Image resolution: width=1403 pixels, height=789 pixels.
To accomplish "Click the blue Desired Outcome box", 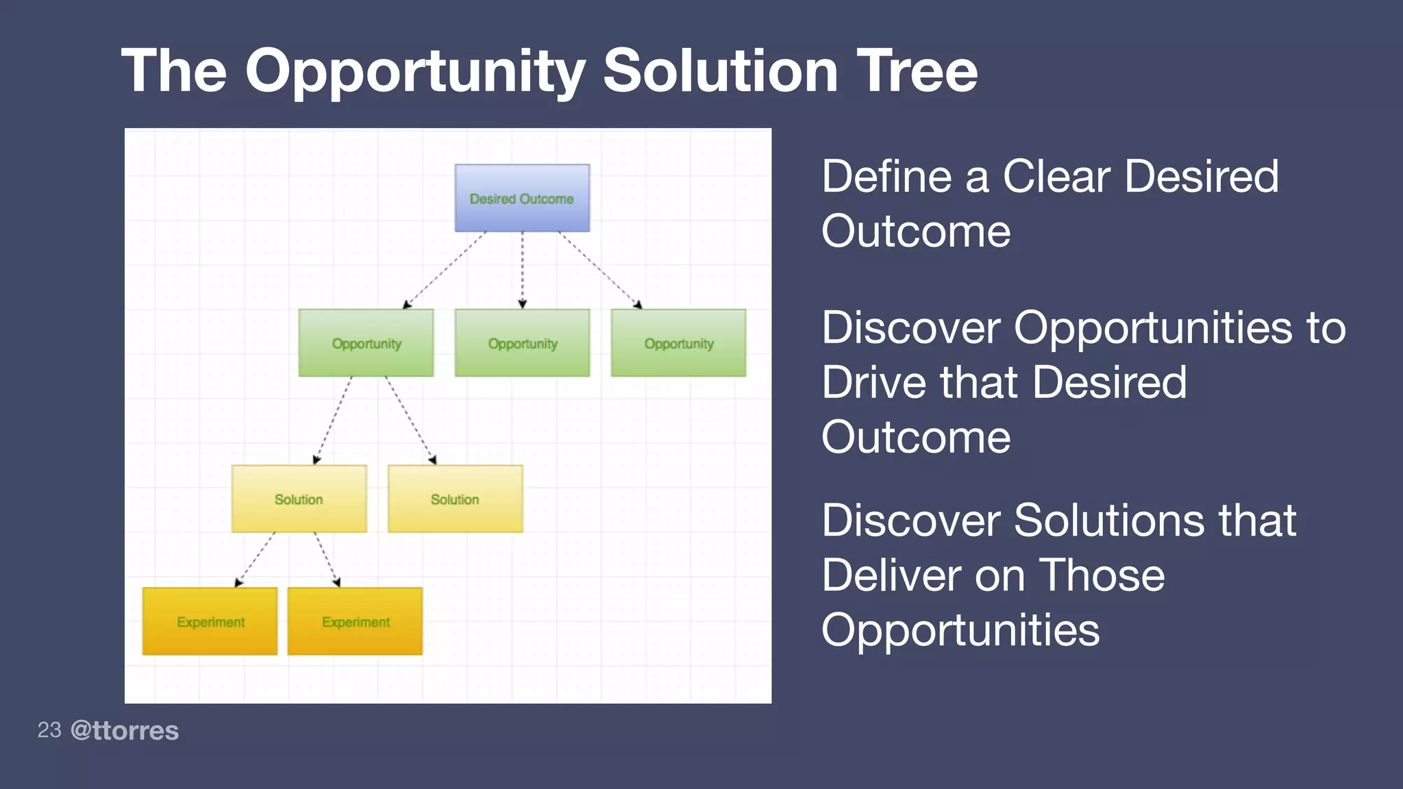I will pos(522,198).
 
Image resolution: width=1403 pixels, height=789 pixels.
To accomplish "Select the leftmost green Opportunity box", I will pos(366,342).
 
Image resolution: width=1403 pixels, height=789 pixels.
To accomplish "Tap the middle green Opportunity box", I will pos(522,342).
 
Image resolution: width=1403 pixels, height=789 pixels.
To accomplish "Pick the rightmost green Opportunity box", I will pos(678,342).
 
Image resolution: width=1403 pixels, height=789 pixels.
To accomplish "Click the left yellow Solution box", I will pos(299,499).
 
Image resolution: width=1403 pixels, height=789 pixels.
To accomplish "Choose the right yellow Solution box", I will pos(455,499).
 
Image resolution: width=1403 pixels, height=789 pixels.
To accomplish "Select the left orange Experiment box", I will pos(210,621).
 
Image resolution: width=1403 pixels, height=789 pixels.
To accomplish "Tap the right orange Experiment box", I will pos(355,621).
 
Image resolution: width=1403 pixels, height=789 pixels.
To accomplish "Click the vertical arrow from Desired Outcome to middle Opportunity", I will pos(522,270).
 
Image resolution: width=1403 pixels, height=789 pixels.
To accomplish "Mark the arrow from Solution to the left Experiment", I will pos(255,560).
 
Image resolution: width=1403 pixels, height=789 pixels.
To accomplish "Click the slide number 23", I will pos(49,730).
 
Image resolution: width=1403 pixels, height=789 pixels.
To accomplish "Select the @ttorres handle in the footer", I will pos(125,730).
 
